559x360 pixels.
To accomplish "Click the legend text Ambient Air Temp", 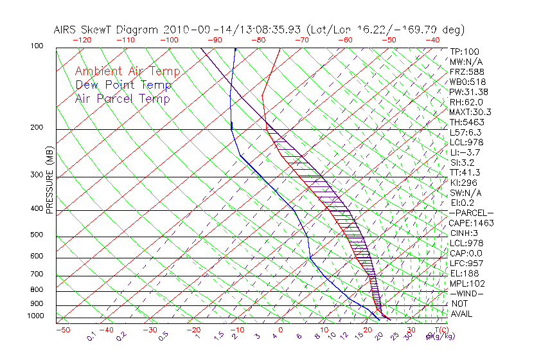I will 127,72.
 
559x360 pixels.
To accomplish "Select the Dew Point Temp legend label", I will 123,85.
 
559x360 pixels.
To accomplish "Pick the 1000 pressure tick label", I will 36,316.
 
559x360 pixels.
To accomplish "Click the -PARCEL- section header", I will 471,213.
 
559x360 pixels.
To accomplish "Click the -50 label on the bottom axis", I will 62,330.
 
